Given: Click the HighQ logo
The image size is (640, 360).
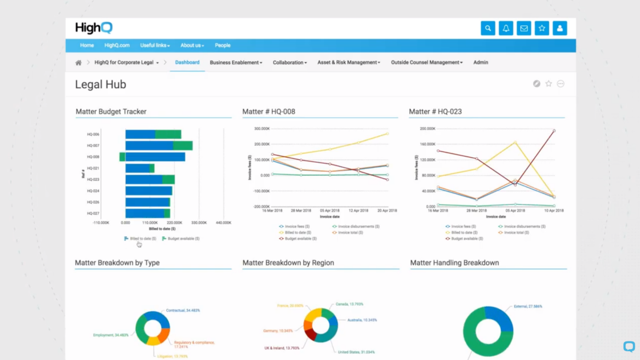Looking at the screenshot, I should [94, 28].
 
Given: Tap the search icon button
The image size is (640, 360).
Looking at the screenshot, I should [488, 28].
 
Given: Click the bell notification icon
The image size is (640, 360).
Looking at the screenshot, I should [506, 28].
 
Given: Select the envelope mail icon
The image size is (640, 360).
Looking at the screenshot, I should [524, 28].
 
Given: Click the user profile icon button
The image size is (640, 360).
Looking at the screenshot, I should [559, 28].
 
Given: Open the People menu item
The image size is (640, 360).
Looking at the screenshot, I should [222, 45].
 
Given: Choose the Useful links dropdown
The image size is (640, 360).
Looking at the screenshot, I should [155, 45].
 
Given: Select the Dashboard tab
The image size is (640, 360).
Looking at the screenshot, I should [187, 62].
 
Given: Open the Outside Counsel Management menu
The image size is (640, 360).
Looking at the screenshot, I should [426, 62].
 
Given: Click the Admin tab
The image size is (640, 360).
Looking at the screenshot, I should [481, 62].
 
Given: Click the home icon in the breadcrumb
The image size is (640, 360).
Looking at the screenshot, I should [78, 63].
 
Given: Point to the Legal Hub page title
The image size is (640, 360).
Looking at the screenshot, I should [101, 84].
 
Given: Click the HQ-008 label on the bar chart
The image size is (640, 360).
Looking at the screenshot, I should [93, 157].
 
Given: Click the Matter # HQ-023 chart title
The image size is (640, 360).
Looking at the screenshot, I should [435, 112].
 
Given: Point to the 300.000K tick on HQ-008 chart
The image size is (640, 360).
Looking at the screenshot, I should [262, 129].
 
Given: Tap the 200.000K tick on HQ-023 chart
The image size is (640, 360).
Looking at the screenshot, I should [427, 129].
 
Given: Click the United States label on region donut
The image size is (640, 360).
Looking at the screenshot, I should [356, 352].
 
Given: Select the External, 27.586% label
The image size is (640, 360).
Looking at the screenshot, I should [528, 306].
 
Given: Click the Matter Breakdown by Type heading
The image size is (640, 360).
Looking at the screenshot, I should [117, 263].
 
